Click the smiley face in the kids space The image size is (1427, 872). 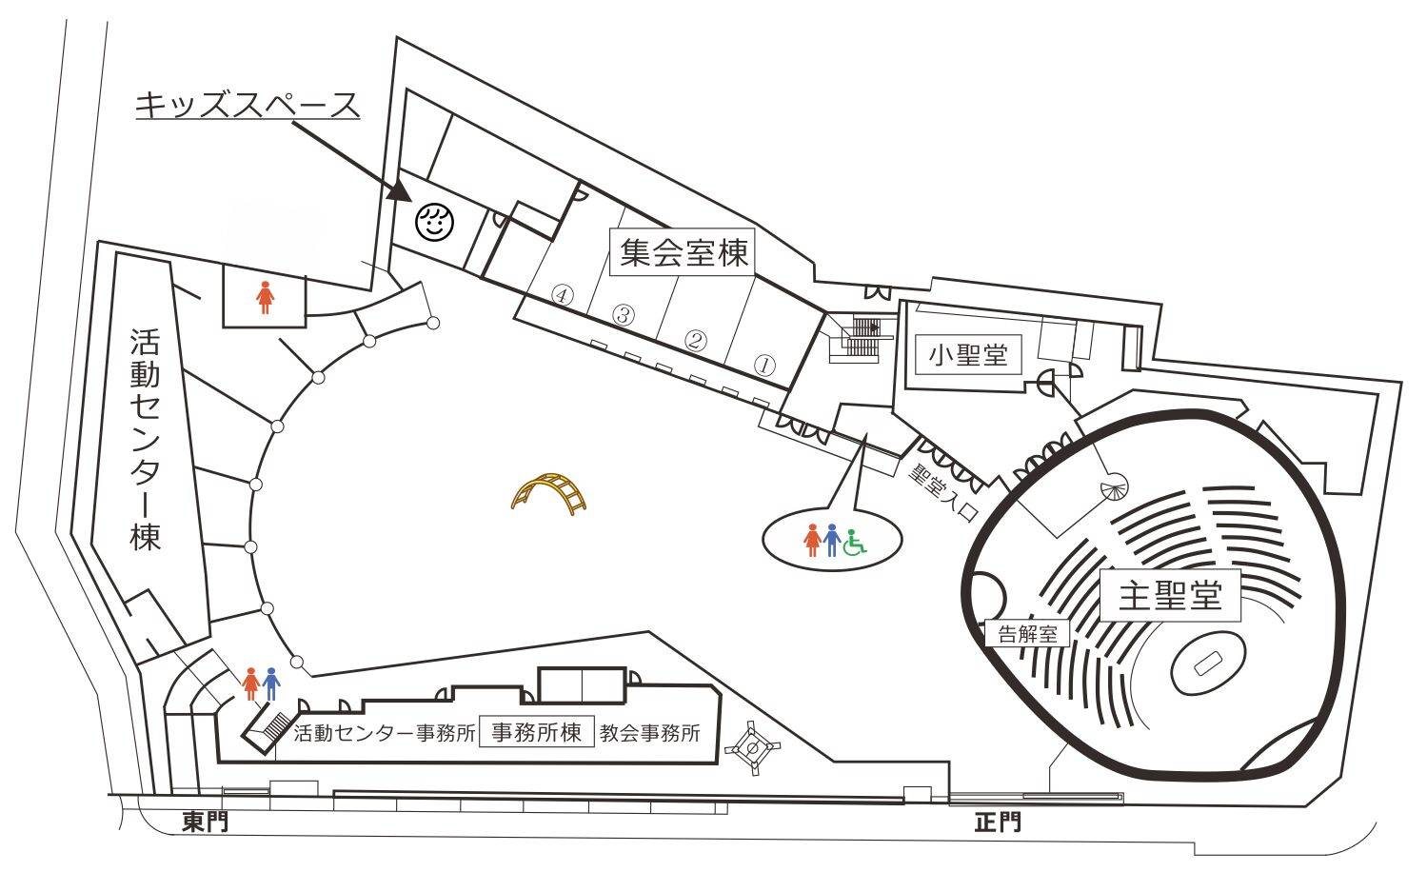[x=433, y=223]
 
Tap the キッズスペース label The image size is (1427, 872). [x=248, y=105]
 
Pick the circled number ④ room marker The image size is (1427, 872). [x=564, y=295]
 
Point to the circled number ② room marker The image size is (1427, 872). [x=696, y=340]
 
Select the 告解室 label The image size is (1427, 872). [x=1027, y=634]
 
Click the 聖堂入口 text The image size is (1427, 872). [x=942, y=491]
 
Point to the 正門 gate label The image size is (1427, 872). [x=998, y=822]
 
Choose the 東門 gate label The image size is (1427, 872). [x=205, y=822]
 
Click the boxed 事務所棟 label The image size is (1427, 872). [x=536, y=733]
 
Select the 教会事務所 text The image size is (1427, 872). [x=649, y=734]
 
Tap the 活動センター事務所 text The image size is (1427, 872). [x=385, y=734]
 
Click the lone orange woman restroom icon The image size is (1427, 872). [x=264, y=298]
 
